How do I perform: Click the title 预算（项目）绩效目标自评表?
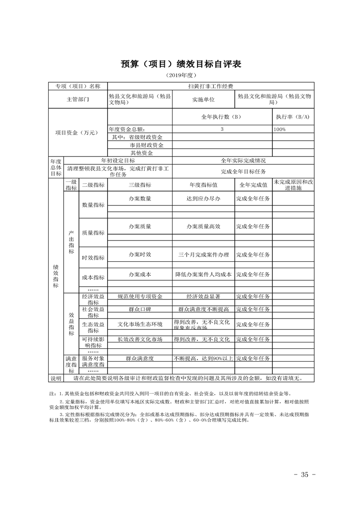(180, 64)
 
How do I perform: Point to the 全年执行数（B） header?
(222, 117)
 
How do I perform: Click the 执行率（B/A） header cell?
(293, 117)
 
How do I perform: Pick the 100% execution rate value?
(280, 129)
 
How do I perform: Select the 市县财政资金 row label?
(140, 145)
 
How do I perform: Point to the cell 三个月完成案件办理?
(203, 254)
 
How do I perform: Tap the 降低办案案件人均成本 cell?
(203, 274)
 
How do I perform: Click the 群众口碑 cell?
(140, 309)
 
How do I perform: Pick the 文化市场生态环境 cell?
(140, 324)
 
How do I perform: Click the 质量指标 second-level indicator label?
(93, 233)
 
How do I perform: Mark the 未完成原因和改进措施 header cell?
(293, 185)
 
